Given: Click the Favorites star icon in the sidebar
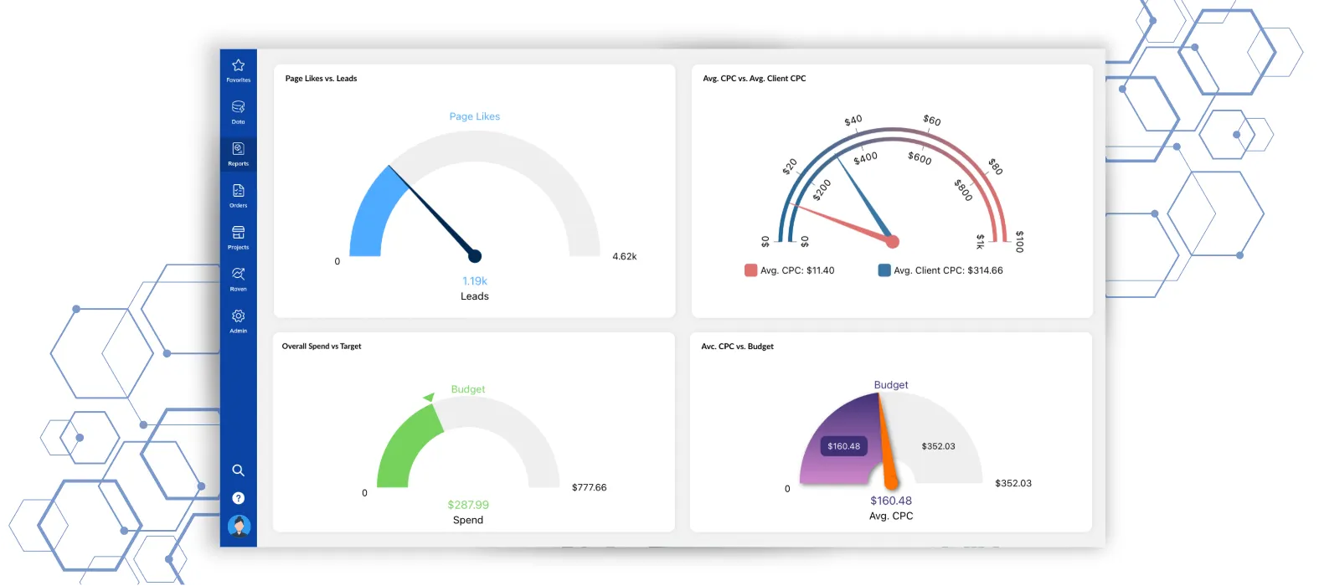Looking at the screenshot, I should point(238,66).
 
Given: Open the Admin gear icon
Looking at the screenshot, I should point(238,316).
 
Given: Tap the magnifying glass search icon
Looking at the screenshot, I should point(238,470).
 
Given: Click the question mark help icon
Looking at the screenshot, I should point(238,498).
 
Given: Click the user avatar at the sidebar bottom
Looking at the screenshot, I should point(239,527).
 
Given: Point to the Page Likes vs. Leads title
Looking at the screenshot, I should point(321,79).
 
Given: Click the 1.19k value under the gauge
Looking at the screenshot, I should point(474,281).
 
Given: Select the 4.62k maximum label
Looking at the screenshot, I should point(624,257).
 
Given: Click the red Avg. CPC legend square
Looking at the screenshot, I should point(750,270).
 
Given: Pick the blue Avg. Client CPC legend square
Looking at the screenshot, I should point(884,270).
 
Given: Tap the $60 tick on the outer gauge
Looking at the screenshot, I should point(931,121).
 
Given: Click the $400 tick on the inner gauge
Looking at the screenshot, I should point(865,157).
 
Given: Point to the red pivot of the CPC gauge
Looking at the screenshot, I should point(892,242).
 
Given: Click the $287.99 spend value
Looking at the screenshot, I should point(467,505).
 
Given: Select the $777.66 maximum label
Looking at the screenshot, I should point(589,487).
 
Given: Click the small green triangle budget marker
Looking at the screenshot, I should point(429,397).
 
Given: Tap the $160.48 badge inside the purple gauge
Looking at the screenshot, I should point(843,446).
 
